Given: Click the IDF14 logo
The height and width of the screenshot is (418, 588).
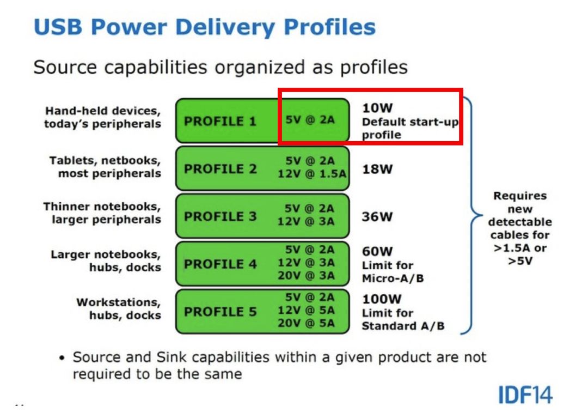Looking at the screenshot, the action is click(x=525, y=395).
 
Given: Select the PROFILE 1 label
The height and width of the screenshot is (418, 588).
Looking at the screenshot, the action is click(x=220, y=121).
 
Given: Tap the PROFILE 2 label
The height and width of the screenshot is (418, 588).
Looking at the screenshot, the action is click(x=220, y=169).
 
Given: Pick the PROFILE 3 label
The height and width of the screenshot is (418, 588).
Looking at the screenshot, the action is click(x=220, y=216).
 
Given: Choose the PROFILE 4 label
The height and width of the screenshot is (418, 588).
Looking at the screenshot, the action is click(x=220, y=264).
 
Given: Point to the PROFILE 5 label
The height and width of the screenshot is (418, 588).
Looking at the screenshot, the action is click(x=220, y=312).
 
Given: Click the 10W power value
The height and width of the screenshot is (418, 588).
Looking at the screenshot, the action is click(x=377, y=108).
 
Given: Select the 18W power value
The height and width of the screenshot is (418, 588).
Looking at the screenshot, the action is click(x=377, y=169).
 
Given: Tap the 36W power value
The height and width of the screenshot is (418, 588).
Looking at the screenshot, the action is click(x=377, y=216).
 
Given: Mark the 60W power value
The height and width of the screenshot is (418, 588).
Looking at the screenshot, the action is click(x=377, y=251).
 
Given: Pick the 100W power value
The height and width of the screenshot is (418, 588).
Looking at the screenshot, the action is click(x=382, y=299).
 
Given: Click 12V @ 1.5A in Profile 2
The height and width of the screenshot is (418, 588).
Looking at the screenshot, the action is click(x=312, y=174).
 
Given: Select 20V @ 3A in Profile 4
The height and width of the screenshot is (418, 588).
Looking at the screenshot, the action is click(x=306, y=275).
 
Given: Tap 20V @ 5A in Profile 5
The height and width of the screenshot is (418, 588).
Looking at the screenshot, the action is click(x=306, y=323).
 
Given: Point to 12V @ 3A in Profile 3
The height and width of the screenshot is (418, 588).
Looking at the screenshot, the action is click(x=306, y=221).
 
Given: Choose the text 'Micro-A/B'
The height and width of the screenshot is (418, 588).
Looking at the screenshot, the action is click(x=393, y=278).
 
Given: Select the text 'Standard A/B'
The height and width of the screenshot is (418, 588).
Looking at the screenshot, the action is click(x=403, y=326).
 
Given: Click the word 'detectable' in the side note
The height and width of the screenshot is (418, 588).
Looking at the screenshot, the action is click(x=520, y=222).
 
